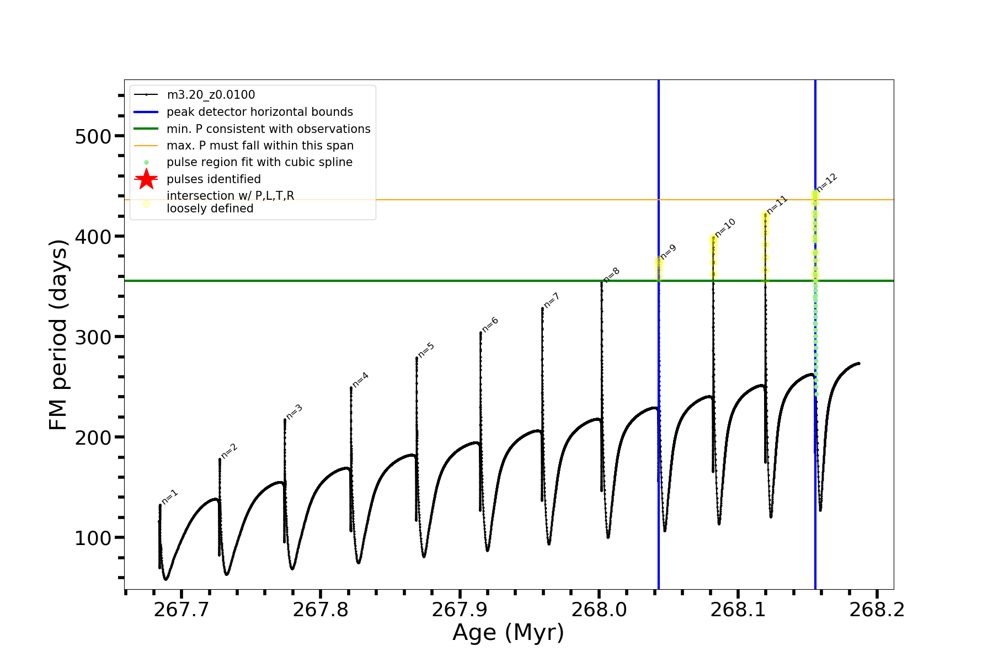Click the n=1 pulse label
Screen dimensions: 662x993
(170, 496)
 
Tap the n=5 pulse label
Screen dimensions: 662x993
(426, 350)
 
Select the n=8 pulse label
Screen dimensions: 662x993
(611, 275)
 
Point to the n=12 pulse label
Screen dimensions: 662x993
(827, 183)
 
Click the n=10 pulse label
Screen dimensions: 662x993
(725, 227)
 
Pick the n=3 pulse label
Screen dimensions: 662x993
(294, 412)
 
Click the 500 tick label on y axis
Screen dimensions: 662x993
(92, 136)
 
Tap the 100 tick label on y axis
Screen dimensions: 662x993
(92, 538)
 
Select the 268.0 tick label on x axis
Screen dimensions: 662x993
(599, 610)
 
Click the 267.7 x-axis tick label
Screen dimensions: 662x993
(181, 610)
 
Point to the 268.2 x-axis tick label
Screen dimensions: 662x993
(877, 610)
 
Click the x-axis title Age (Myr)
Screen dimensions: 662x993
(508, 633)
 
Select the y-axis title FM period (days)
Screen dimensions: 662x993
(58, 335)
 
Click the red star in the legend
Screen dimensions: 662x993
(146, 179)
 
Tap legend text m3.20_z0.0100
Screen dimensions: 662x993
(211, 95)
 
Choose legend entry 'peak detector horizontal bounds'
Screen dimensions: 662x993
(260, 112)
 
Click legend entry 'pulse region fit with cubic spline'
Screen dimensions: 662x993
(259, 162)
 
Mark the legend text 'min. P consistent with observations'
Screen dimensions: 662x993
(269, 129)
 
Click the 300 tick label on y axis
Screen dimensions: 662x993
(92, 337)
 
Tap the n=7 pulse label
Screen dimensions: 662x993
(552, 301)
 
